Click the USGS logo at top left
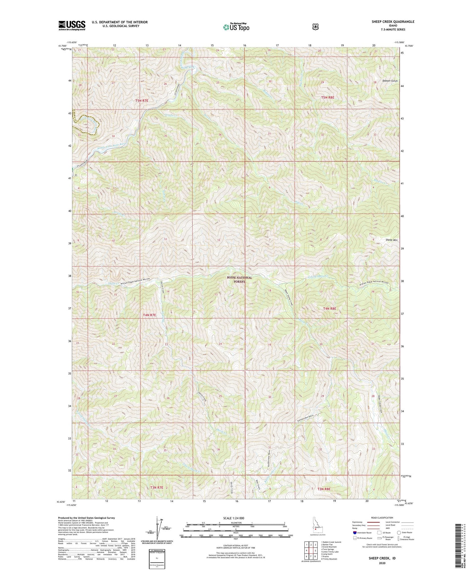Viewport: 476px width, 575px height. point(72,25)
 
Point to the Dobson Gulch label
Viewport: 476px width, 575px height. point(390,81)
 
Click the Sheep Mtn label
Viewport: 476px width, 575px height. point(392,240)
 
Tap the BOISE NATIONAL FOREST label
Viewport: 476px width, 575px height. point(239,280)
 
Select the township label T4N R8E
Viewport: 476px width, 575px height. point(329,309)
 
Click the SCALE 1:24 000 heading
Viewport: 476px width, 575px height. point(234,518)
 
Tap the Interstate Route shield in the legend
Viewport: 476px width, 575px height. point(354,533)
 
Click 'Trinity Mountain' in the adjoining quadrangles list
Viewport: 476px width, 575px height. point(330,559)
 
